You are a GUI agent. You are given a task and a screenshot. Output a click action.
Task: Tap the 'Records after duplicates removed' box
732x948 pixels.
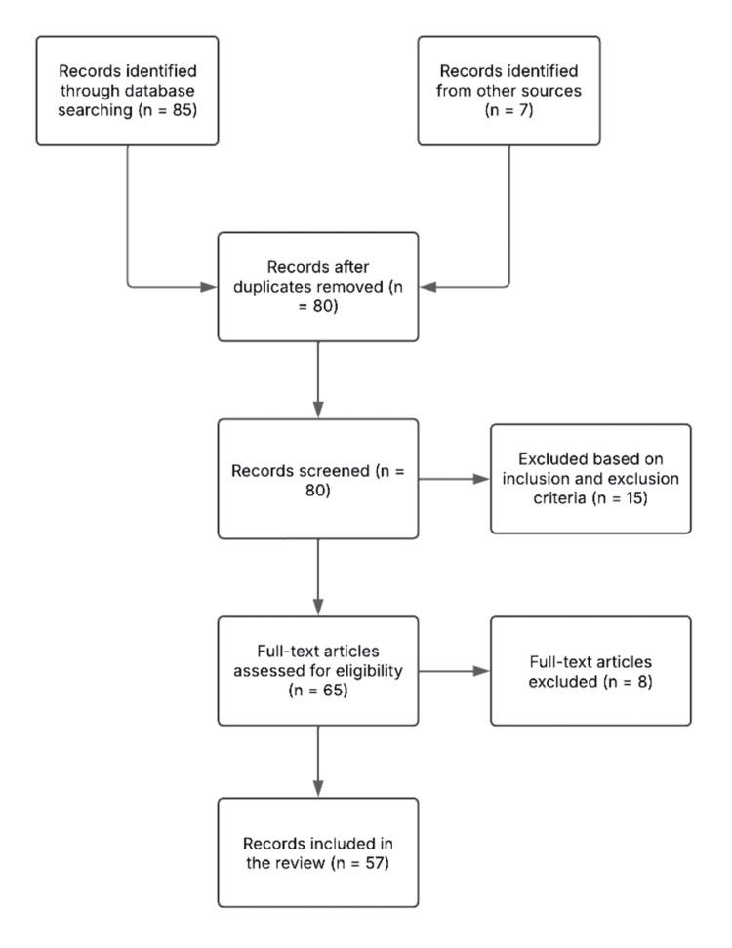tap(317, 287)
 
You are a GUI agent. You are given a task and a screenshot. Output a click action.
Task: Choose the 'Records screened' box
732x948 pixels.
tap(317, 479)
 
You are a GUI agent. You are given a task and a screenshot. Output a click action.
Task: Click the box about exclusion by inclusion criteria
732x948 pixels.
tap(590, 479)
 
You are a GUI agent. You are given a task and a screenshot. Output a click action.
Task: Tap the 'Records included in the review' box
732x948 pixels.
tap(317, 851)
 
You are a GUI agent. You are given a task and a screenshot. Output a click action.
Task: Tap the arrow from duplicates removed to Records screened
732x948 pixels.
tap(317, 380)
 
